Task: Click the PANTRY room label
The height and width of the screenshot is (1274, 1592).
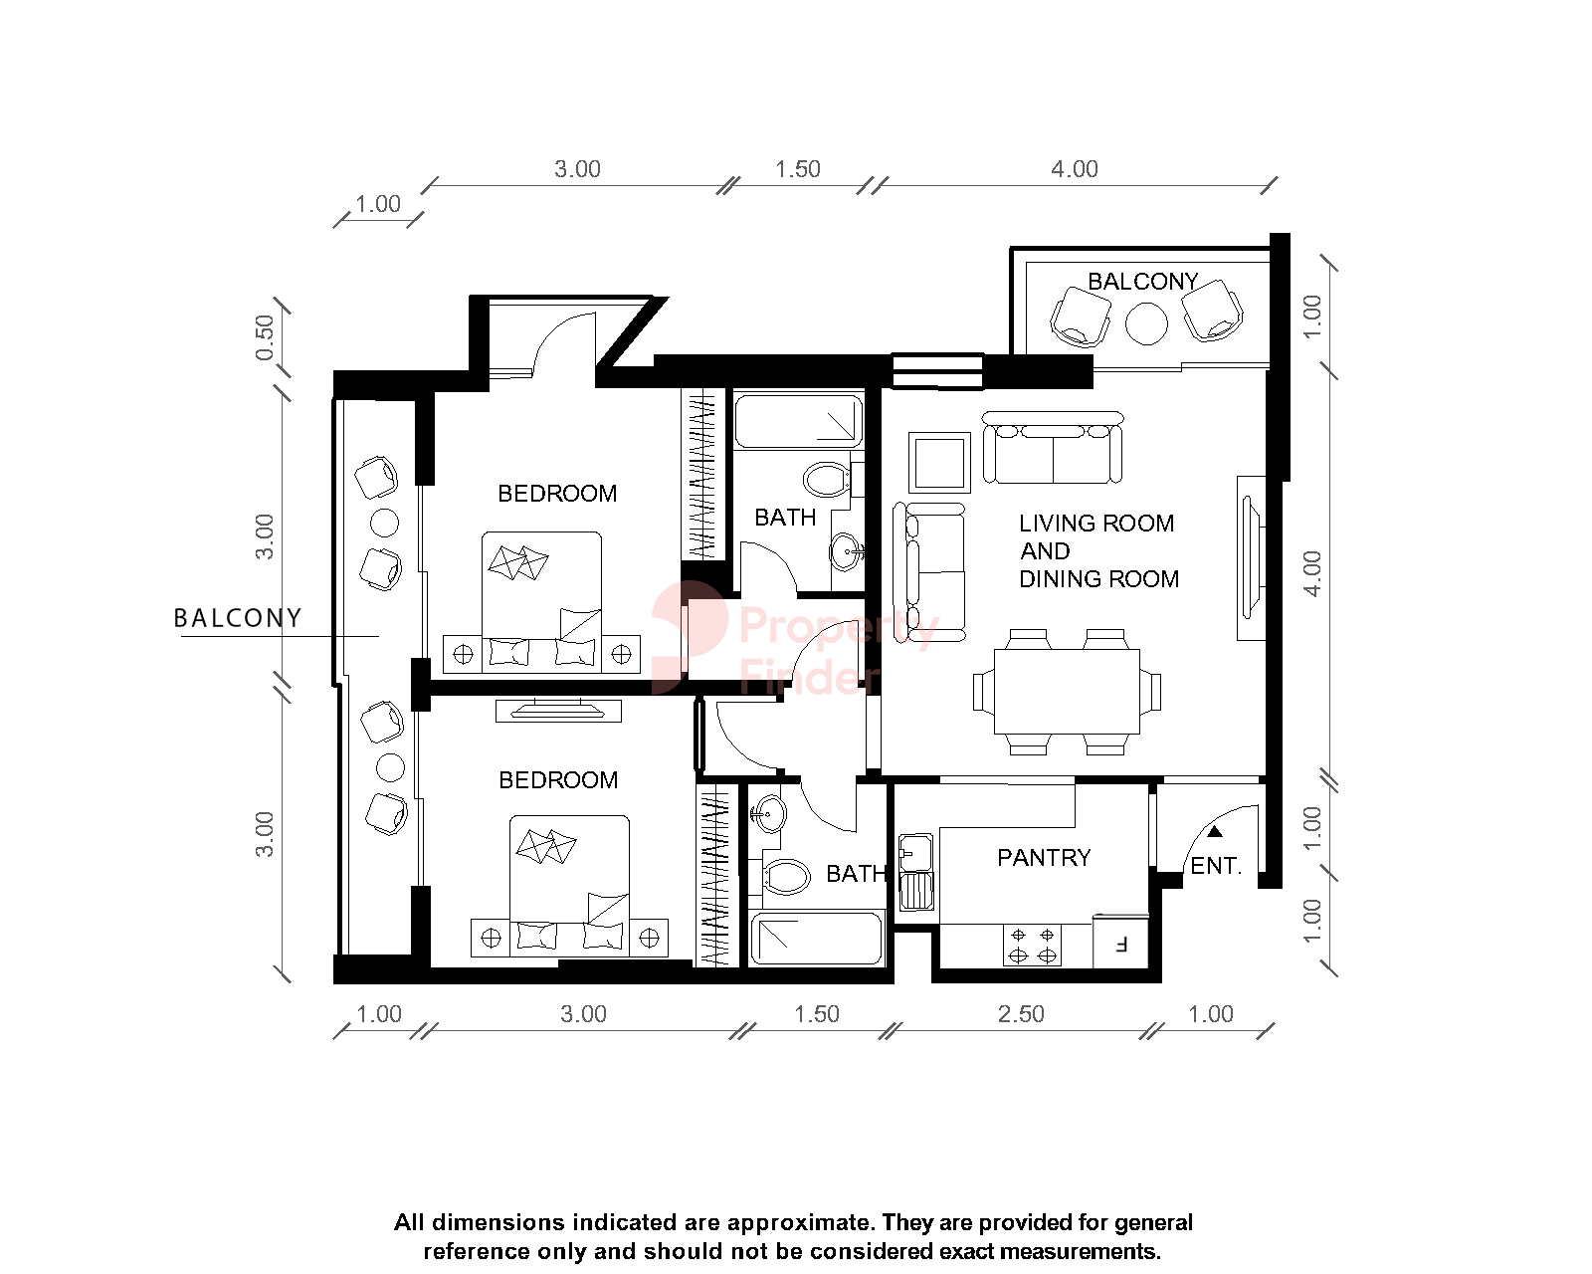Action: click(1044, 858)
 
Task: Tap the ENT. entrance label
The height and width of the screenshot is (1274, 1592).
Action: click(1216, 866)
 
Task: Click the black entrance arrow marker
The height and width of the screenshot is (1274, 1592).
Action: click(1215, 831)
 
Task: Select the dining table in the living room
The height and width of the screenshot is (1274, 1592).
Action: click(1067, 691)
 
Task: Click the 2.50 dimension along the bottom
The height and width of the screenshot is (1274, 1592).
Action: click(1021, 1014)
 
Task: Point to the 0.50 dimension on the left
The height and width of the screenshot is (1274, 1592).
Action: click(264, 337)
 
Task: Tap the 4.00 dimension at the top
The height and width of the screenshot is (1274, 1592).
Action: click(1075, 169)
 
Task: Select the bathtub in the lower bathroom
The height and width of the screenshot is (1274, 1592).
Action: click(817, 939)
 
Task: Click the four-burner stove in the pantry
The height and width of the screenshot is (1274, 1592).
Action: click(1032, 946)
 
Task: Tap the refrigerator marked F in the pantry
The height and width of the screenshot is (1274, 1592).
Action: click(1120, 942)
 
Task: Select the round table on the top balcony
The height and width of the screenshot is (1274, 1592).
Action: click(1146, 323)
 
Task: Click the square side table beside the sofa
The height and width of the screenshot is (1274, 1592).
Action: click(938, 462)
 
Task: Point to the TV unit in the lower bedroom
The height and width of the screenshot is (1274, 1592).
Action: click(558, 710)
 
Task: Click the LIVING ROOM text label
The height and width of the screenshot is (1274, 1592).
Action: click(1095, 524)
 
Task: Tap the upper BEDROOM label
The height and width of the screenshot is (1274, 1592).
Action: click(557, 494)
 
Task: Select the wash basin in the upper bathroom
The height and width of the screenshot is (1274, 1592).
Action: click(846, 550)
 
